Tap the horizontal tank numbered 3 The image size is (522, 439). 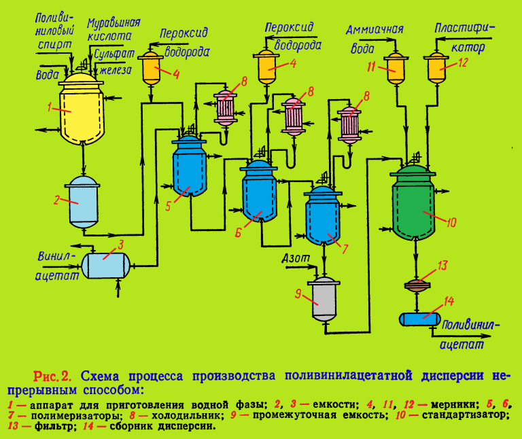coord(106,262)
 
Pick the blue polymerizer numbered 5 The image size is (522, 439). coord(190,166)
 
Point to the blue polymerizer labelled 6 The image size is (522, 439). coord(259,194)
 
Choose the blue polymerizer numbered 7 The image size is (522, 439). coord(323,217)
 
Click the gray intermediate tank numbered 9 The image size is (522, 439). coord(324,299)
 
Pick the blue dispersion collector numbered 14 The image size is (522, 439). coord(420,318)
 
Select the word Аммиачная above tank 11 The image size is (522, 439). coord(375,30)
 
